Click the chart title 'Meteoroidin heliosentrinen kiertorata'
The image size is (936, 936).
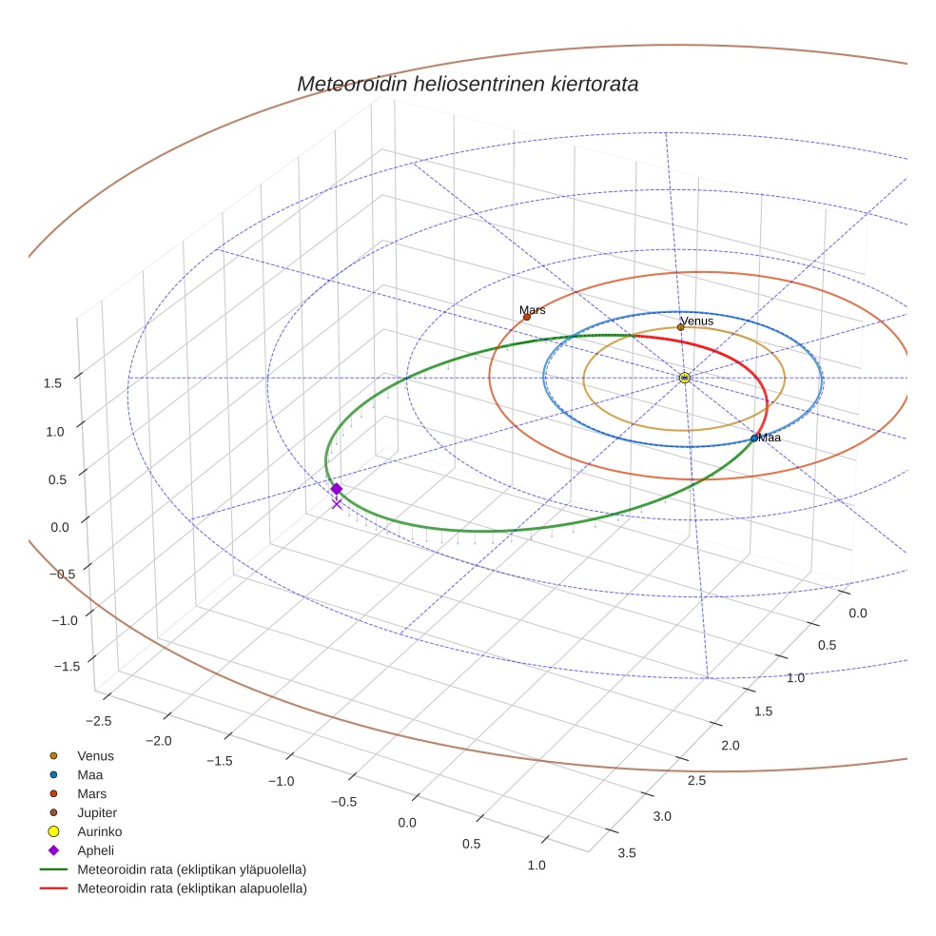pyautogui.click(x=467, y=84)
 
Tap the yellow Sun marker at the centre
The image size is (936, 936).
pyautogui.click(x=685, y=378)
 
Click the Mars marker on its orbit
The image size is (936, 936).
pyautogui.click(x=527, y=317)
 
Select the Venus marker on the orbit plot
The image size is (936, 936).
pyautogui.click(x=680, y=327)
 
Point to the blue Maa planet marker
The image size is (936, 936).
pyautogui.click(x=753, y=439)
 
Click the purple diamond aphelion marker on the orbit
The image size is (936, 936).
pyautogui.click(x=336, y=489)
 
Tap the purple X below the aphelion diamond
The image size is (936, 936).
pyautogui.click(x=336, y=504)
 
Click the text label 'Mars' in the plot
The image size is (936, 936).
pyautogui.click(x=533, y=310)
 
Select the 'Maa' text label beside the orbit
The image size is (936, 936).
pyautogui.click(x=770, y=438)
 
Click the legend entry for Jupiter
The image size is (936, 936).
pyautogui.click(x=97, y=812)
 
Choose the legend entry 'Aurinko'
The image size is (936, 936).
pyautogui.click(x=99, y=831)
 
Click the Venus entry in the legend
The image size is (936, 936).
pyautogui.click(x=95, y=755)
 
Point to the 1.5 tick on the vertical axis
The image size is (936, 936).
pyautogui.click(x=52, y=382)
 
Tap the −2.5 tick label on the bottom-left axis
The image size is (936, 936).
pyautogui.click(x=99, y=720)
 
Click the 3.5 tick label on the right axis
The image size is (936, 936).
pyautogui.click(x=626, y=852)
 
